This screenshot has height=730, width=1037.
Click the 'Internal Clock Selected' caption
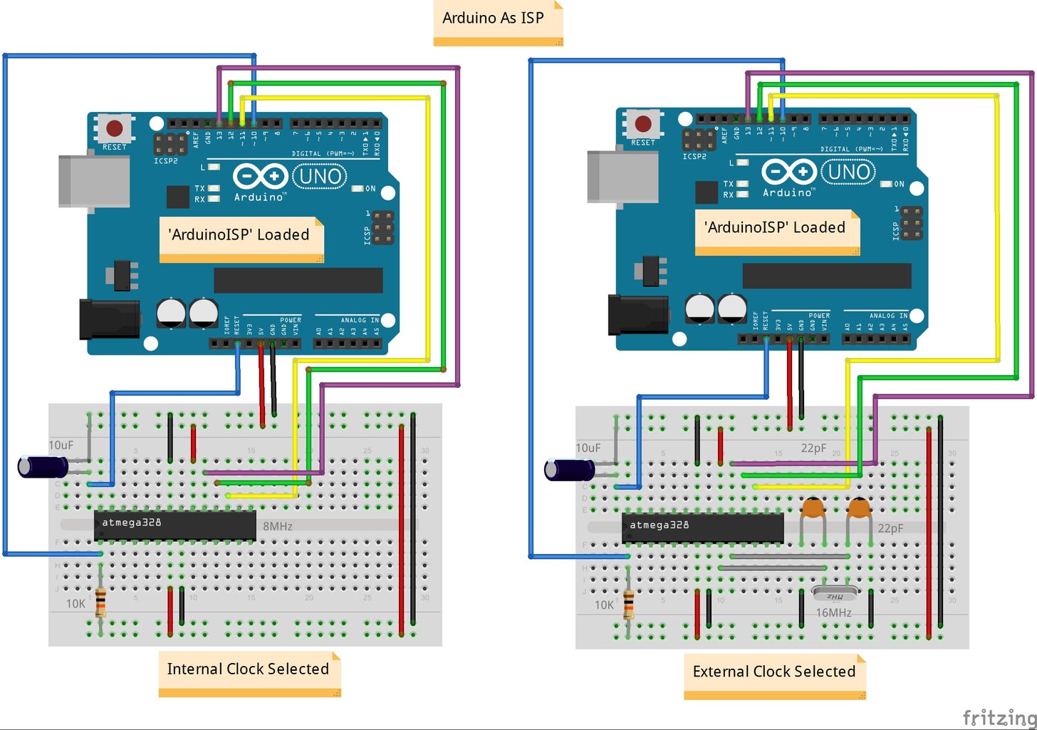pyautogui.click(x=249, y=670)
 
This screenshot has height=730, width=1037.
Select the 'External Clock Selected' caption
pyautogui.click(x=774, y=672)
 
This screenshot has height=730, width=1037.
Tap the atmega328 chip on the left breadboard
pyautogui.click(x=175, y=525)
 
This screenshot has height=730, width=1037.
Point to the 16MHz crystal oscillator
pyautogui.click(x=835, y=595)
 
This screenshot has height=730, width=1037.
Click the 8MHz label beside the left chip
pyautogui.click(x=278, y=526)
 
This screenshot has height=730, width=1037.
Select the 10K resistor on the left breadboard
pyautogui.click(x=100, y=603)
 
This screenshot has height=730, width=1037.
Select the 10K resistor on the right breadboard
pyautogui.click(x=628, y=605)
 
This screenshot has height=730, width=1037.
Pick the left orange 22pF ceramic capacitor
pyautogui.click(x=813, y=508)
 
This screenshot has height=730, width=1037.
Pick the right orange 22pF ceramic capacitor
pyautogui.click(x=859, y=508)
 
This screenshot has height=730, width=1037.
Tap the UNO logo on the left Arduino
pyautogui.click(x=320, y=176)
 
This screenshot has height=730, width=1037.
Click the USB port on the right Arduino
pyautogui.click(x=622, y=177)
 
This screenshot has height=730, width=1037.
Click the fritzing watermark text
pyautogui.click(x=999, y=716)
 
